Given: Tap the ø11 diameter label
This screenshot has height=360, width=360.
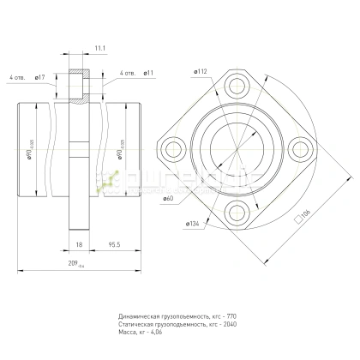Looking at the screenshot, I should pyautogui.click(x=147, y=74).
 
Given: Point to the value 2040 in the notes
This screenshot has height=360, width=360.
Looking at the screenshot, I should pyautogui.click(x=234, y=325).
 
